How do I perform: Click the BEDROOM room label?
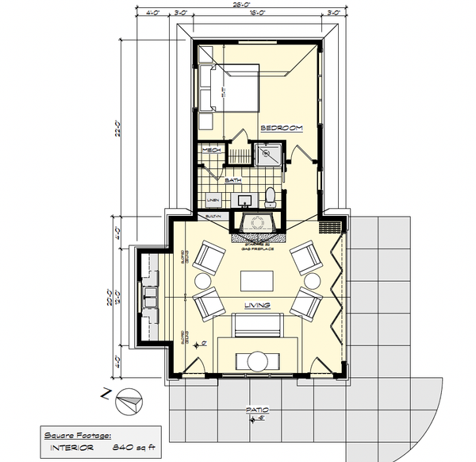[x=282, y=129]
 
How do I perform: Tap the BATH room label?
[x=233, y=181]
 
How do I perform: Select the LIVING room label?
[x=257, y=306]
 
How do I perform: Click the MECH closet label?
[x=211, y=151]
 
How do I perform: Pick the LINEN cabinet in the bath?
[x=213, y=200]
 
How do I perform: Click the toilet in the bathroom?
[x=270, y=195]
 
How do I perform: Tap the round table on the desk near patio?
[x=257, y=361]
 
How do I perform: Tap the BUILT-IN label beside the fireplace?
[x=213, y=217]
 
